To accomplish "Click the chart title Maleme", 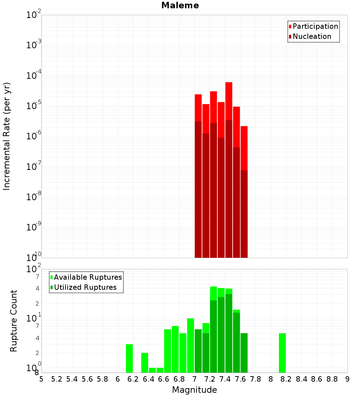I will pyautogui.click(x=180, y=5).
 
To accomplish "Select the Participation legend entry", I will pyautogui.click(x=315, y=27).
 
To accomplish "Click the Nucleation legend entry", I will pyautogui.click(x=311, y=37).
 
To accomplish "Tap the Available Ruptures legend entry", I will pyautogui.click(x=87, y=278).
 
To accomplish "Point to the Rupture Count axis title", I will pyautogui.click(x=14, y=320).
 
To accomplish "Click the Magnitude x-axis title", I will pyautogui.click(x=194, y=390).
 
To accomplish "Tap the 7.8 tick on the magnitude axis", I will pyautogui.click(x=256, y=379).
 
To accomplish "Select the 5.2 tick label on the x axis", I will pyautogui.click(x=57, y=379).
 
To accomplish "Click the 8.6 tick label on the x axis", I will pyautogui.click(x=317, y=379).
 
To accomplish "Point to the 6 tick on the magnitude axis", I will pyautogui.click(x=118, y=379).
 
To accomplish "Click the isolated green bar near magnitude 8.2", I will pyautogui.click(x=282, y=353).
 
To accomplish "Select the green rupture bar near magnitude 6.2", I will pyautogui.click(x=129, y=358).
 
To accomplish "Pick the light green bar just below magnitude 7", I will pyautogui.click(x=190, y=346).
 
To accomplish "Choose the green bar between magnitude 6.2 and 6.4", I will pyautogui.click(x=144, y=363).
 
